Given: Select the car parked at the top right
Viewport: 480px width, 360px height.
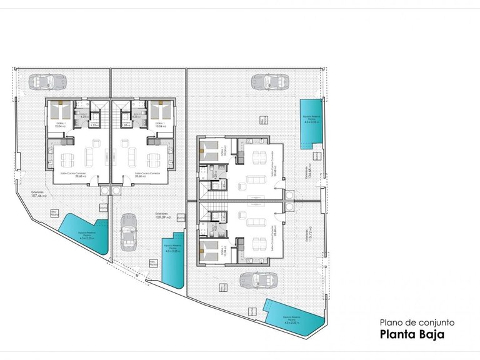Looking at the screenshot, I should [x=271, y=81].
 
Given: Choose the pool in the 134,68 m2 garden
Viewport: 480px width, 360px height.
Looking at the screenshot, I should [x=309, y=124].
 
